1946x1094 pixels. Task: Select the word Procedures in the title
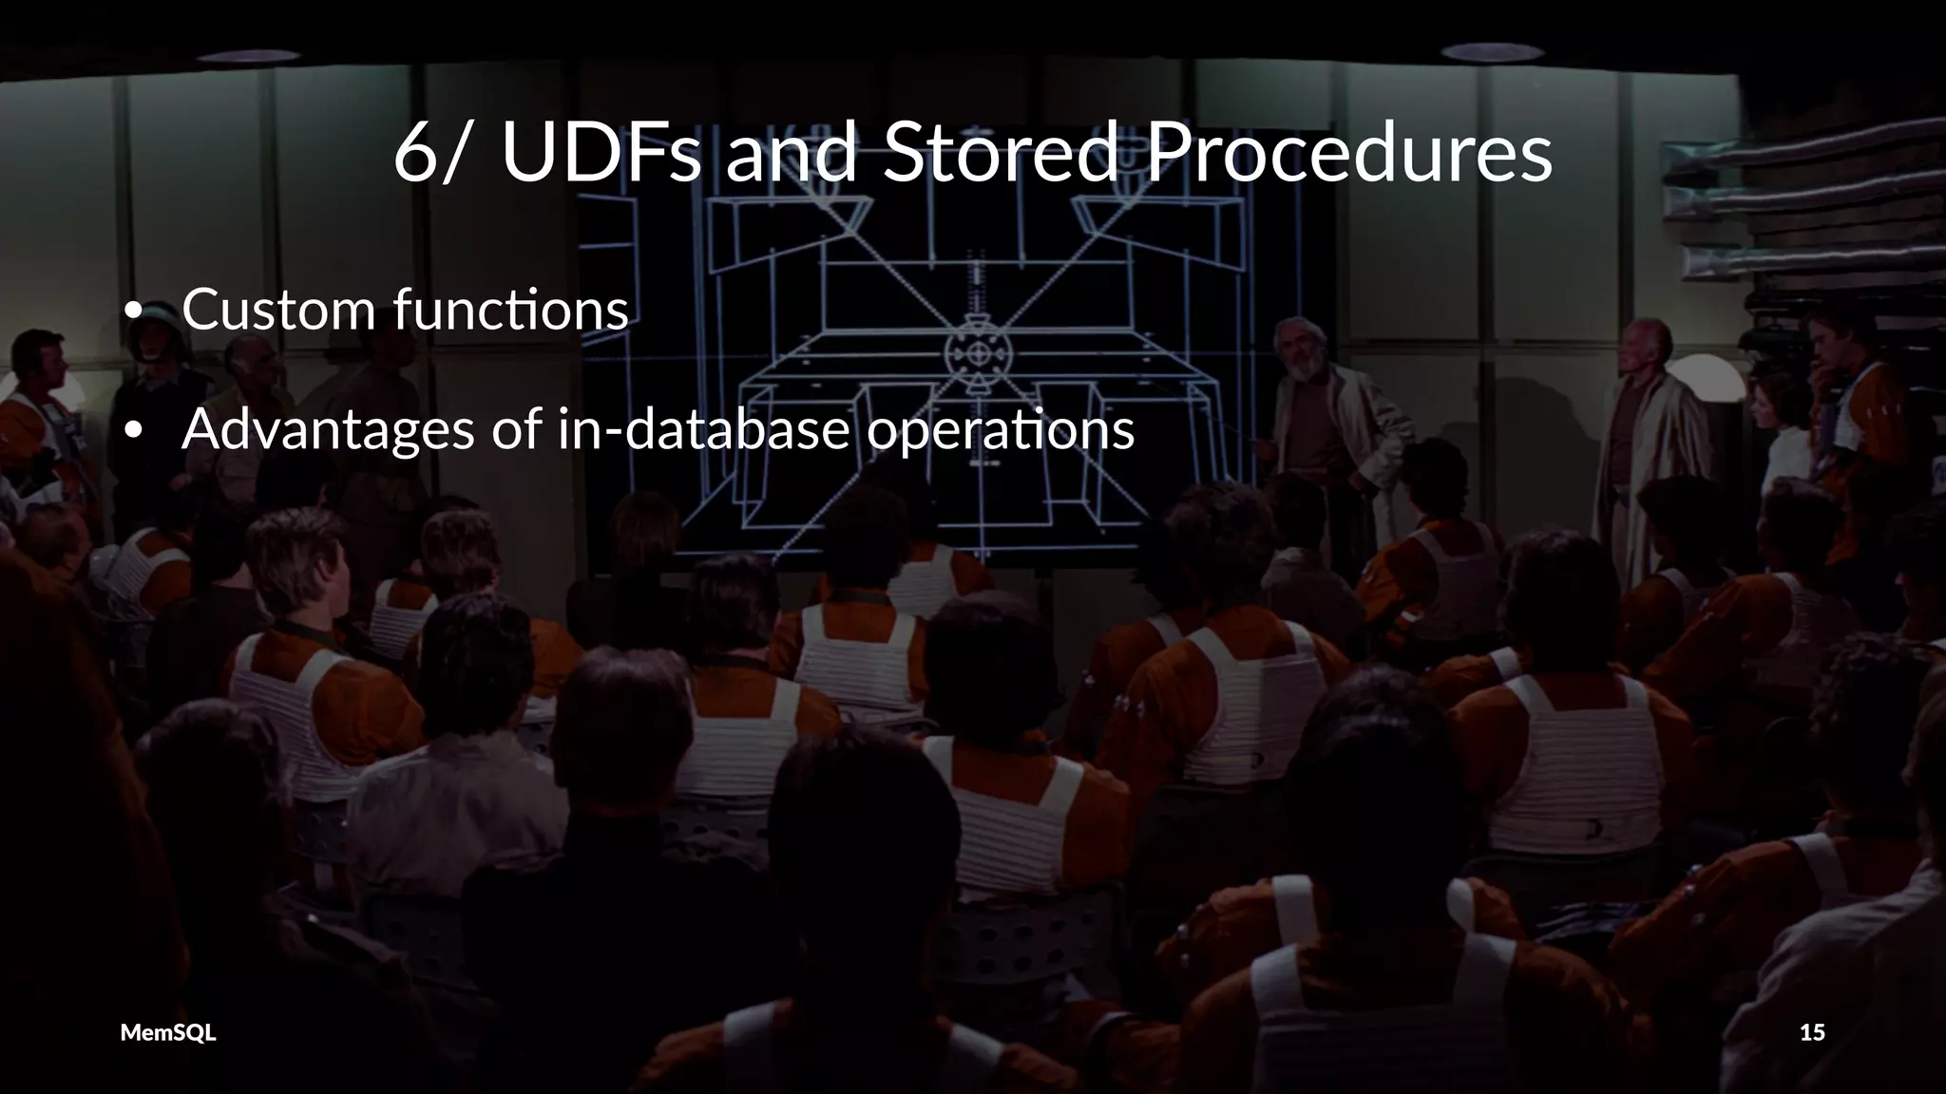click(1349, 152)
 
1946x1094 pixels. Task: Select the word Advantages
click(328, 429)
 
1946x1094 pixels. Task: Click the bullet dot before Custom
click(134, 311)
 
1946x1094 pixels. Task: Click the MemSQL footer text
click(168, 1032)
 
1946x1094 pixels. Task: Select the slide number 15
click(1812, 1032)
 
